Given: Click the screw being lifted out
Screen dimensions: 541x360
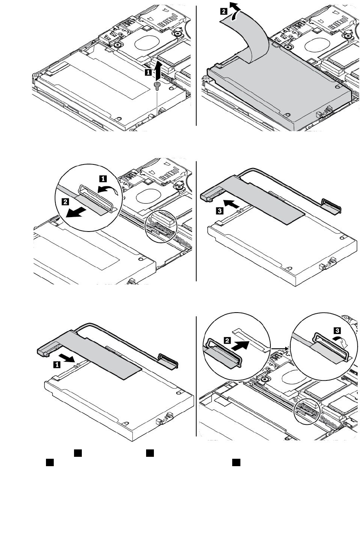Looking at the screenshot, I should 156,86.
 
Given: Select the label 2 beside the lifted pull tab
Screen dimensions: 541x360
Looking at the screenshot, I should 223,12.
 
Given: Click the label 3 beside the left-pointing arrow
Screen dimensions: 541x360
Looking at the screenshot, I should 220,211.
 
